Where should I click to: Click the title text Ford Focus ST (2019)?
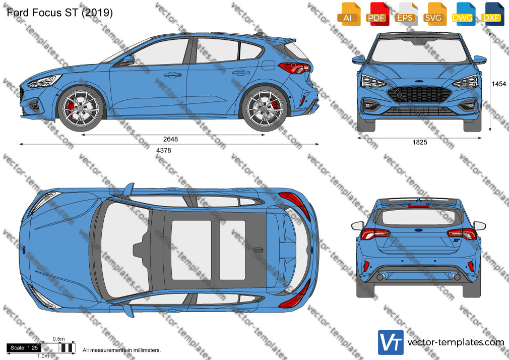(60, 13)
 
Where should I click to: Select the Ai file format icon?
(349, 14)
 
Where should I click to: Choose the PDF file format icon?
(377, 14)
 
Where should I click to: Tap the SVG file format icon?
(435, 14)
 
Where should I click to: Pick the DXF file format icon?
(492, 14)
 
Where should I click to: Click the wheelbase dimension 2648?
(170, 139)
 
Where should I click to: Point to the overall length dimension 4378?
(164, 150)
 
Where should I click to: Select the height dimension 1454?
(498, 84)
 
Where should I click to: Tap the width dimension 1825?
(420, 142)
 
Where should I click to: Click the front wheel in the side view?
(81, 108)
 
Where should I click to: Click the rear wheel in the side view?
(264, 108)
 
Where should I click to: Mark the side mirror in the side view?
(128, 60)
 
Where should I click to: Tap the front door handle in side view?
(173, 75)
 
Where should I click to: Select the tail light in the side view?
(294, 68)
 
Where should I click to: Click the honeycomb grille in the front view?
(419, 95)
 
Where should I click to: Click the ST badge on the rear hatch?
(457, 241)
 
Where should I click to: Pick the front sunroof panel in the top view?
(191, 250)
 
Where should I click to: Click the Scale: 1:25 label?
(24, 348)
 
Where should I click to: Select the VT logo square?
(391, 342)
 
